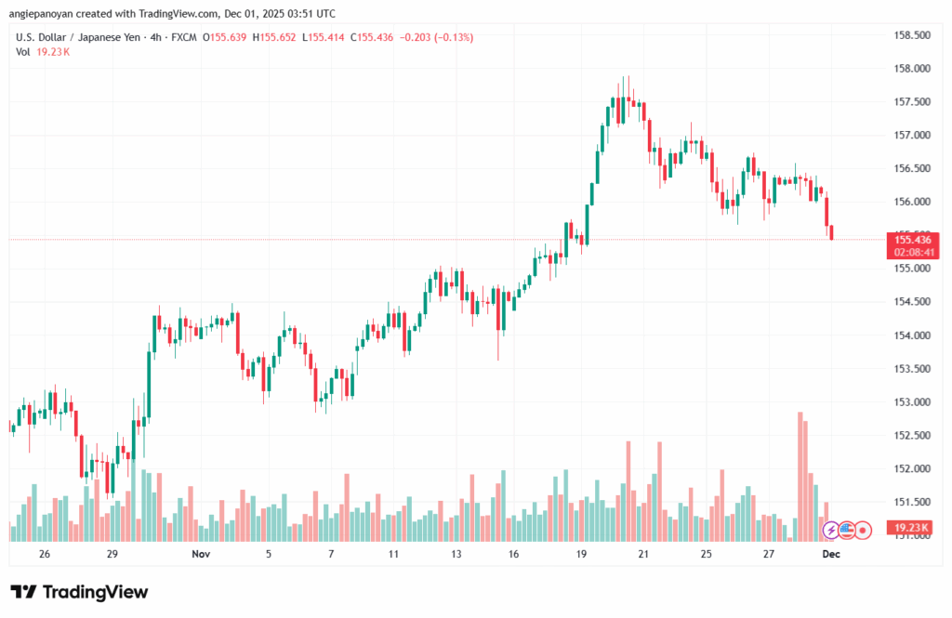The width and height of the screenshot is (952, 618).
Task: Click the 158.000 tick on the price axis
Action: [x=912, y=69]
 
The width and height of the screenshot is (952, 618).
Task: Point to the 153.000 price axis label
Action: [x=912, y=402]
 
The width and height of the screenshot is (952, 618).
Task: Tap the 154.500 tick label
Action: [x=912, y=302]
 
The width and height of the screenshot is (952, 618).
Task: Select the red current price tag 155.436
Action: [x=912, y=240]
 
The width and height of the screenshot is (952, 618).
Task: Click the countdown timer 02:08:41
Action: [x=912, y=252]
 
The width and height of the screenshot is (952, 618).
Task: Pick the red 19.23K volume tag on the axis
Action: [x=912, y=528]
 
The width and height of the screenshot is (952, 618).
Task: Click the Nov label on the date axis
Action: [x=201, y=553]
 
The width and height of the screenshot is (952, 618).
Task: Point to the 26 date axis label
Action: [x=45, y=553]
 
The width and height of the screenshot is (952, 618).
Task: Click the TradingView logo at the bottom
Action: [x=79, y=592]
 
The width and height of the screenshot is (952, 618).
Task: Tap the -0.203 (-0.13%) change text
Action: [x=434, y=37]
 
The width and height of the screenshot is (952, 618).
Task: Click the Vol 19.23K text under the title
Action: [x=43, y=52]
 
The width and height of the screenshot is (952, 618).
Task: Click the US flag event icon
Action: [x=846, y=530]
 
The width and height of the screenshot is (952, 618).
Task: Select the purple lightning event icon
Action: [x=830, y=530]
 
